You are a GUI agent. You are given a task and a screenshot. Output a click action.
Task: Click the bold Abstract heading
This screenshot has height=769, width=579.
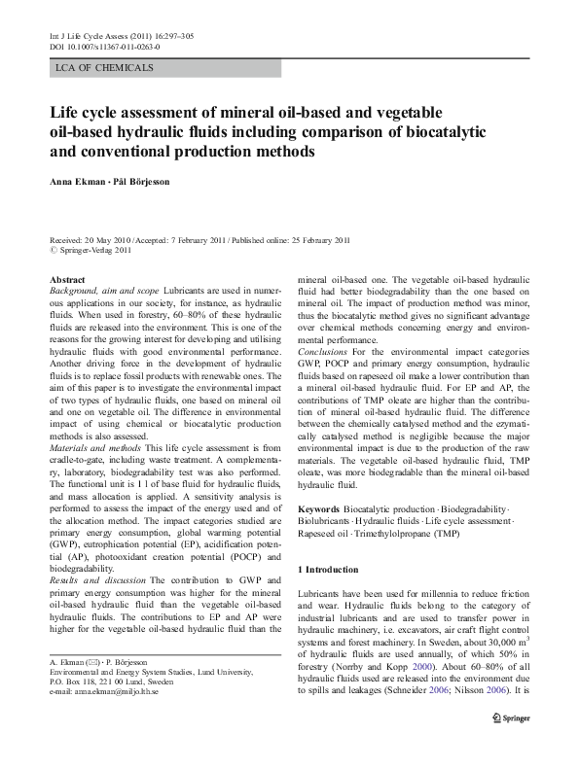pos(67,280)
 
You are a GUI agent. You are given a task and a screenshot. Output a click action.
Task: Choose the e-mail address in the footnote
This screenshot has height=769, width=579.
pos(105,691)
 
